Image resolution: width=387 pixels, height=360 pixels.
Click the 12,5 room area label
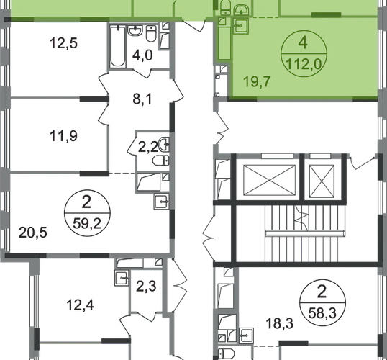click(x=63, y=43)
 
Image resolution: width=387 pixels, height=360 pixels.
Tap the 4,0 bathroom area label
click(x=142, y=55)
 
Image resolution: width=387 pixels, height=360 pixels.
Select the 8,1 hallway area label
click(x=142, y=99)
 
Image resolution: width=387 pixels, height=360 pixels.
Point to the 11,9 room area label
click(x=63, y=136)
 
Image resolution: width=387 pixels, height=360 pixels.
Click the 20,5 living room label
click(x=33, y=233)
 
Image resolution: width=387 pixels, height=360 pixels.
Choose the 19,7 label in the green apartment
click(x=258, y=81)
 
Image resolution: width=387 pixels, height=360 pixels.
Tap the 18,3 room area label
click(x=280, y=323)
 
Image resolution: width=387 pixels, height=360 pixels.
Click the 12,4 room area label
click(x=81, y=305)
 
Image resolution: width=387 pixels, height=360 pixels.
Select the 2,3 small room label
click(x=146, y=287)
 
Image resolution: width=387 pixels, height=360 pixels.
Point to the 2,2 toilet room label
click(x=148, y=148)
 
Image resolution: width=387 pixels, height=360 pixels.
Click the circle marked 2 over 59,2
click(x=87, y=212)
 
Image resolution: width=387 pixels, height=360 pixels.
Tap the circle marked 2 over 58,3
click(x=322, y=302)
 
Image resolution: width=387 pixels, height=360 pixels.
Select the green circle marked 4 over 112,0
click(x=304, y=53)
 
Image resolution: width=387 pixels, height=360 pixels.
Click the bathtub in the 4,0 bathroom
click(x=118, y=47)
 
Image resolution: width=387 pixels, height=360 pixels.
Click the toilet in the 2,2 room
click(x=160, y=161)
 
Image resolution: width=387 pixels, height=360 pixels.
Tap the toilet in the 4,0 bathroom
click(x=151, y=33)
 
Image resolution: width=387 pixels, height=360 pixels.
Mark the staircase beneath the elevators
click(x=305, y=233)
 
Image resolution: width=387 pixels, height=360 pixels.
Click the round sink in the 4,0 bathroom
click(x=135, y=30)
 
